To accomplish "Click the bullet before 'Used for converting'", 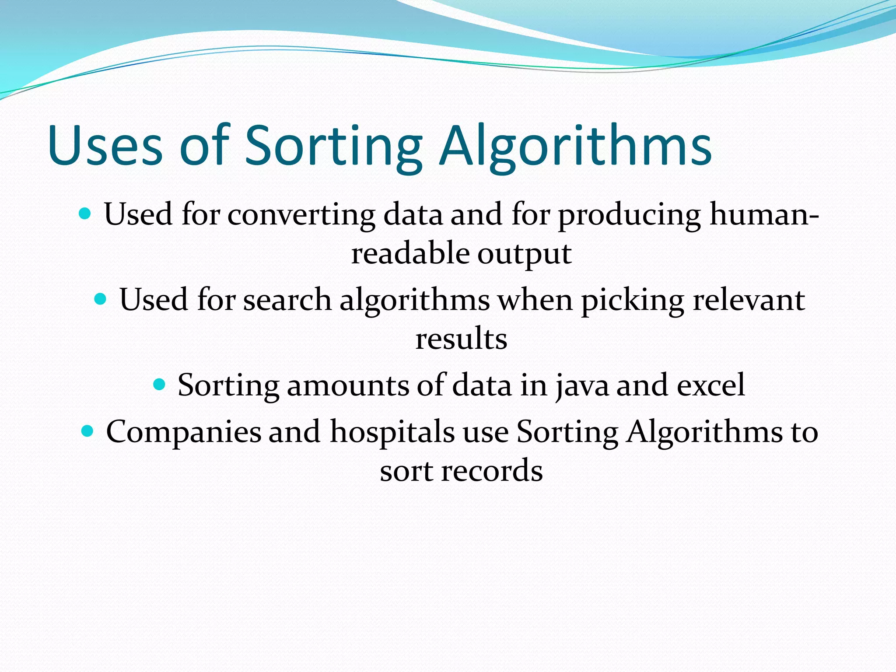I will click(x=84, y=214).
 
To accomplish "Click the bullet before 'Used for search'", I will click(x=100, y=299).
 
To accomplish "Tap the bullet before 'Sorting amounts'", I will click(x=159, y=385).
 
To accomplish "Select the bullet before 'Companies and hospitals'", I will click(x=87, y=431).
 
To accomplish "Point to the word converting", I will click(x=301, y=215).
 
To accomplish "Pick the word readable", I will click(x=410, y=254).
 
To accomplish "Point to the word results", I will click(x=461, y=339).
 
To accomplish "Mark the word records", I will click(x=492, y=471).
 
